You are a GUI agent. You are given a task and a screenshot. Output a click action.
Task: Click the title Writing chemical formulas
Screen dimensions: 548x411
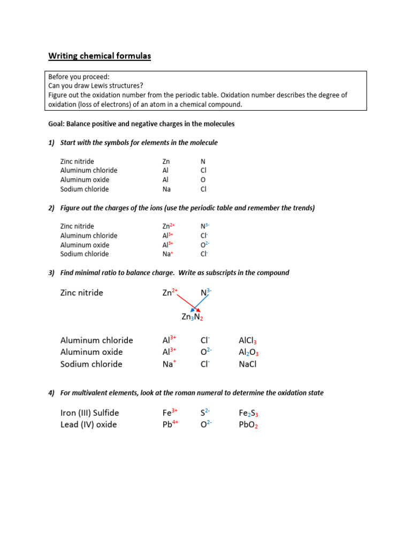click(x=100, y=56)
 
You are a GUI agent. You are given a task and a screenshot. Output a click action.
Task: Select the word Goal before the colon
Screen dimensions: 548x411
click(x=56, y=124)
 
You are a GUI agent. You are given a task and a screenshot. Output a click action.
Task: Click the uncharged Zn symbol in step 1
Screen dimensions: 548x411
click(x=166, y=161)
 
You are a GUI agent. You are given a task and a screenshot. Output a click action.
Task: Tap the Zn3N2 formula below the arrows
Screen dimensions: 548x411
click(x=192, y=317)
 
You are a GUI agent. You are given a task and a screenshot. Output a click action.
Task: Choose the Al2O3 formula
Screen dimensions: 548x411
click(x=249, y=352)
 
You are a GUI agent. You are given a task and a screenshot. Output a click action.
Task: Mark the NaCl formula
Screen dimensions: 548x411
click(x=248, y=364)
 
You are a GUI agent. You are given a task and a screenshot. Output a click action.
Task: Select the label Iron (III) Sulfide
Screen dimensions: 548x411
click(x=90, y=413)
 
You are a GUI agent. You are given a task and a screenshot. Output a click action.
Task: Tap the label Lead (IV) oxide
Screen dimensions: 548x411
click(x=89, y=424)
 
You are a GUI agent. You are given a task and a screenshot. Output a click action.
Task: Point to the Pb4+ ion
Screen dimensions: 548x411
click(x=170, y=424)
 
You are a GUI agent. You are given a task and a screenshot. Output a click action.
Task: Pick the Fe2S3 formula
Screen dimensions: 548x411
click(x=249, y=413)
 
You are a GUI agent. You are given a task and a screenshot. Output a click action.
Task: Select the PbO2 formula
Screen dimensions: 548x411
click(x=248, y=425)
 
